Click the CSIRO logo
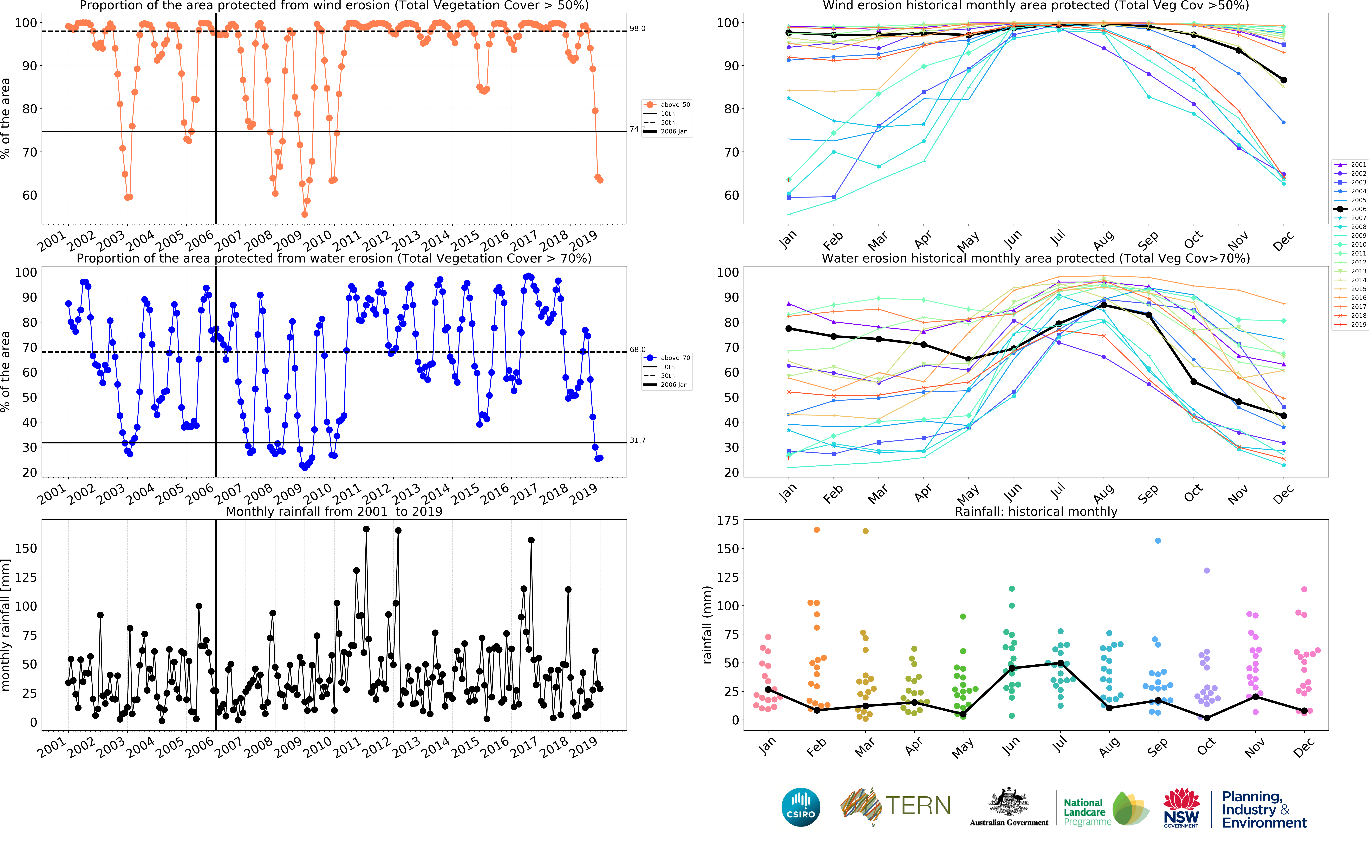[801, 807]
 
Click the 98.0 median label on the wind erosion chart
[637, 28]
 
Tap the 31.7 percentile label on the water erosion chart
[637, 440]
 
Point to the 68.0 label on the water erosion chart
[637, 350]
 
